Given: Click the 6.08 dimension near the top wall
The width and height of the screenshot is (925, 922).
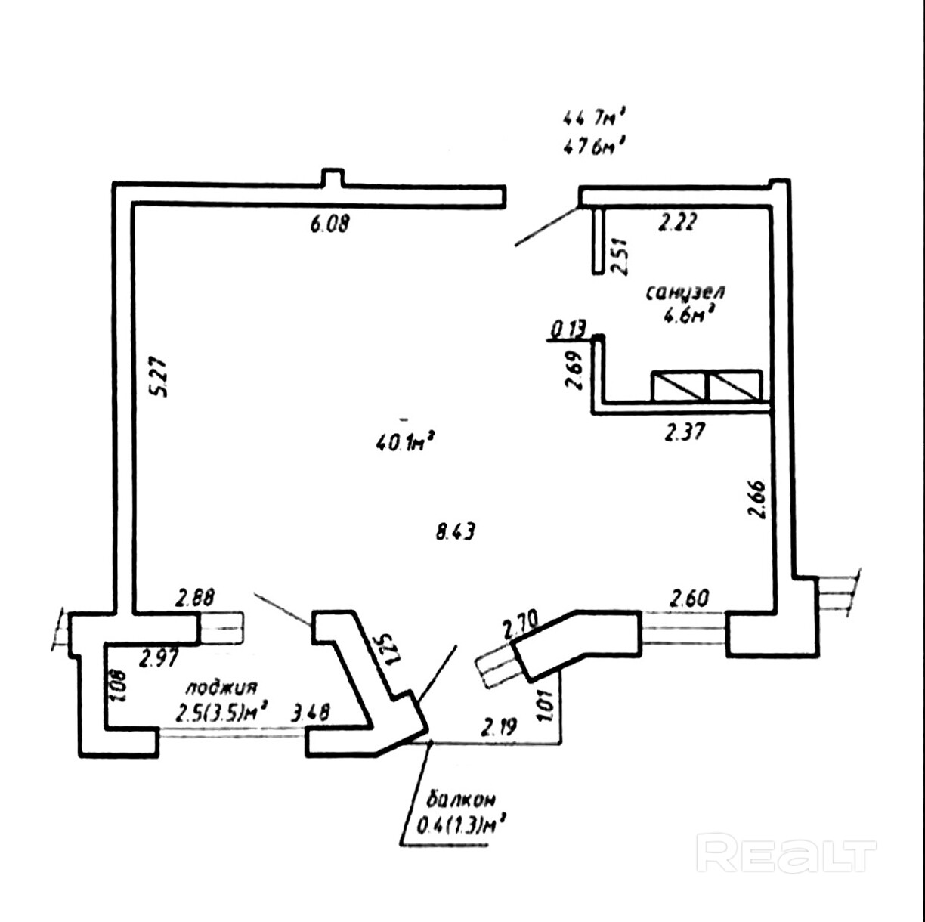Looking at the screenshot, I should click(329, 224).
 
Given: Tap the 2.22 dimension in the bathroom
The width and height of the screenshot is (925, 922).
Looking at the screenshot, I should click(677, 222).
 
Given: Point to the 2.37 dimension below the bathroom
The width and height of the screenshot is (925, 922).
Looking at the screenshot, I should click(685, 432).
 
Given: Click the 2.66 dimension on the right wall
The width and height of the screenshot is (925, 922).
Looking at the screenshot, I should click(757, 499).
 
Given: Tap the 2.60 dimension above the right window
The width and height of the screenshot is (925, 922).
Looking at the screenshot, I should click(689, 599).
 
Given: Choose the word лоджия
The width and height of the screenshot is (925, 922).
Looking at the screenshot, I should click(222, 688).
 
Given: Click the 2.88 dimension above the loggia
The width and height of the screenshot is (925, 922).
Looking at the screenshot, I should click(195, 598).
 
